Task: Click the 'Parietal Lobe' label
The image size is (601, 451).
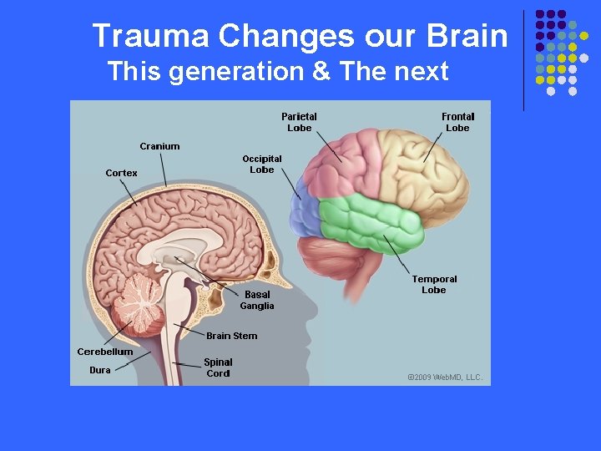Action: pos(299,122)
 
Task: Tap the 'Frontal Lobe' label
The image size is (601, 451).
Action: pos(457,122)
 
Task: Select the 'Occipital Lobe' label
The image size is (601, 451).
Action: pos(262,164)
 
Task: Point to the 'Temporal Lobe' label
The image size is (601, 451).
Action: pos(434,285)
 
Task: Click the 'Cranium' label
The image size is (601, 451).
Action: pos(159,146)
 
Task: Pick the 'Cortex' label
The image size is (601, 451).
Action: pos(122,173)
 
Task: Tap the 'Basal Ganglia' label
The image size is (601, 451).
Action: pos(257,300)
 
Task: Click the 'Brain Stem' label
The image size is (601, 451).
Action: pos(232,336)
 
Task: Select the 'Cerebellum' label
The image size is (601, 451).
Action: pos(105,352)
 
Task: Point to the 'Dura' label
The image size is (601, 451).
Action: pos(99,370)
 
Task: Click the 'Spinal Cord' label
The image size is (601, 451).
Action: pos(218,367)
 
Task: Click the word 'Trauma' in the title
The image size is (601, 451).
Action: pos(149,36)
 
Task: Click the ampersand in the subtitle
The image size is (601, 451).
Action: pos(321,71)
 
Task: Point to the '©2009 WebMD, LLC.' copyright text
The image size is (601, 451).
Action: pos(444,378)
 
